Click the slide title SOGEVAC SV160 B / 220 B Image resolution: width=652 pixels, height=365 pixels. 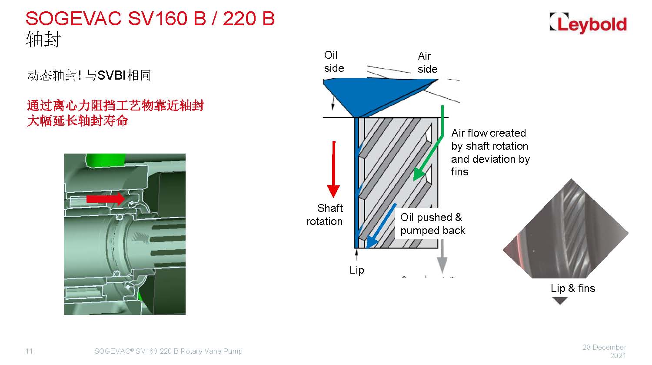pyautogui.click(x=150, y=19)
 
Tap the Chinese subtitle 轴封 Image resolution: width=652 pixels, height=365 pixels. pyautogui.click(x=43, y=39)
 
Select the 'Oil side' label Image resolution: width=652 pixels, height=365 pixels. pyautogui.click(x=334, y=61)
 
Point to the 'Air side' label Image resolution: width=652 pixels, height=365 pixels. pyautogui.click(x=427, y=62)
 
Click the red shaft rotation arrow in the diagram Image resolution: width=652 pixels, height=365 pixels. pyautogui.click(x=333, y=169)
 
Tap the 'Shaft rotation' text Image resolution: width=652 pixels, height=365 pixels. pyautogui.click(x=325, y=214)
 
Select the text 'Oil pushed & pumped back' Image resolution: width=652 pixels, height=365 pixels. pyautogui.click(x=432, y=224)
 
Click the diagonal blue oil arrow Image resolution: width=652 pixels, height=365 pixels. pyautogui.click(x=381, y=226)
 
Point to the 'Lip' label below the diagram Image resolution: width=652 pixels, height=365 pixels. pyautogui.click(x=357, y=270)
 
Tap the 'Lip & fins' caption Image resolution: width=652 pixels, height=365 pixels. pyautogui.click(x=573, y=288)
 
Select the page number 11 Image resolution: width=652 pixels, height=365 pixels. pyautogui.click(x=29, y=352)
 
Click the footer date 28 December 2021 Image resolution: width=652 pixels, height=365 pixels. pyautogui.click(x=605, y=352)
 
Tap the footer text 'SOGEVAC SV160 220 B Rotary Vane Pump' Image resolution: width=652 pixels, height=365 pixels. pyautogui.click(x=168, y=352)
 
